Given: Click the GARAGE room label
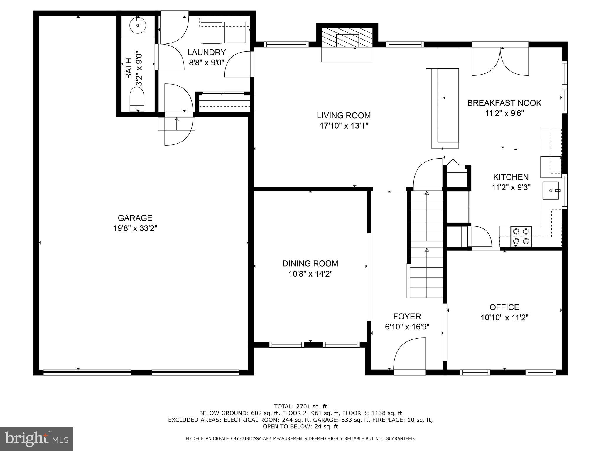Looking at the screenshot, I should [x=135, y=218].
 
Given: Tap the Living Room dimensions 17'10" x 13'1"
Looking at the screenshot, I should [x=344, y=126].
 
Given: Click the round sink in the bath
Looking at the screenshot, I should [x=138, y=25].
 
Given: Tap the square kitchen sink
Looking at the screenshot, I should [x=551, y=191].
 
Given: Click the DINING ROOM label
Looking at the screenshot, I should [x=310, y=263].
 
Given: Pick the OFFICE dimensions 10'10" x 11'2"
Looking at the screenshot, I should [x=504, y=318].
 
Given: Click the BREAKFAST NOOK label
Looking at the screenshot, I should [x=504, y=103].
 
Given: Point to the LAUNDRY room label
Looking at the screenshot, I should [x=207, y=52].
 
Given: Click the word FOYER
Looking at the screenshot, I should [x=407, y=316].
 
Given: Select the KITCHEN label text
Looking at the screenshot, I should [x=511, y=177].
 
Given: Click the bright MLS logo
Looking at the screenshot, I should [x=37, y=439].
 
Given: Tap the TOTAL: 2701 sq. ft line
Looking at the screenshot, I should [x=300, y=406].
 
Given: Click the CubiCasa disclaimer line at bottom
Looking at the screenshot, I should [x=300, y=439].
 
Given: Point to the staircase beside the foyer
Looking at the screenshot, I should [x=426, y=244].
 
